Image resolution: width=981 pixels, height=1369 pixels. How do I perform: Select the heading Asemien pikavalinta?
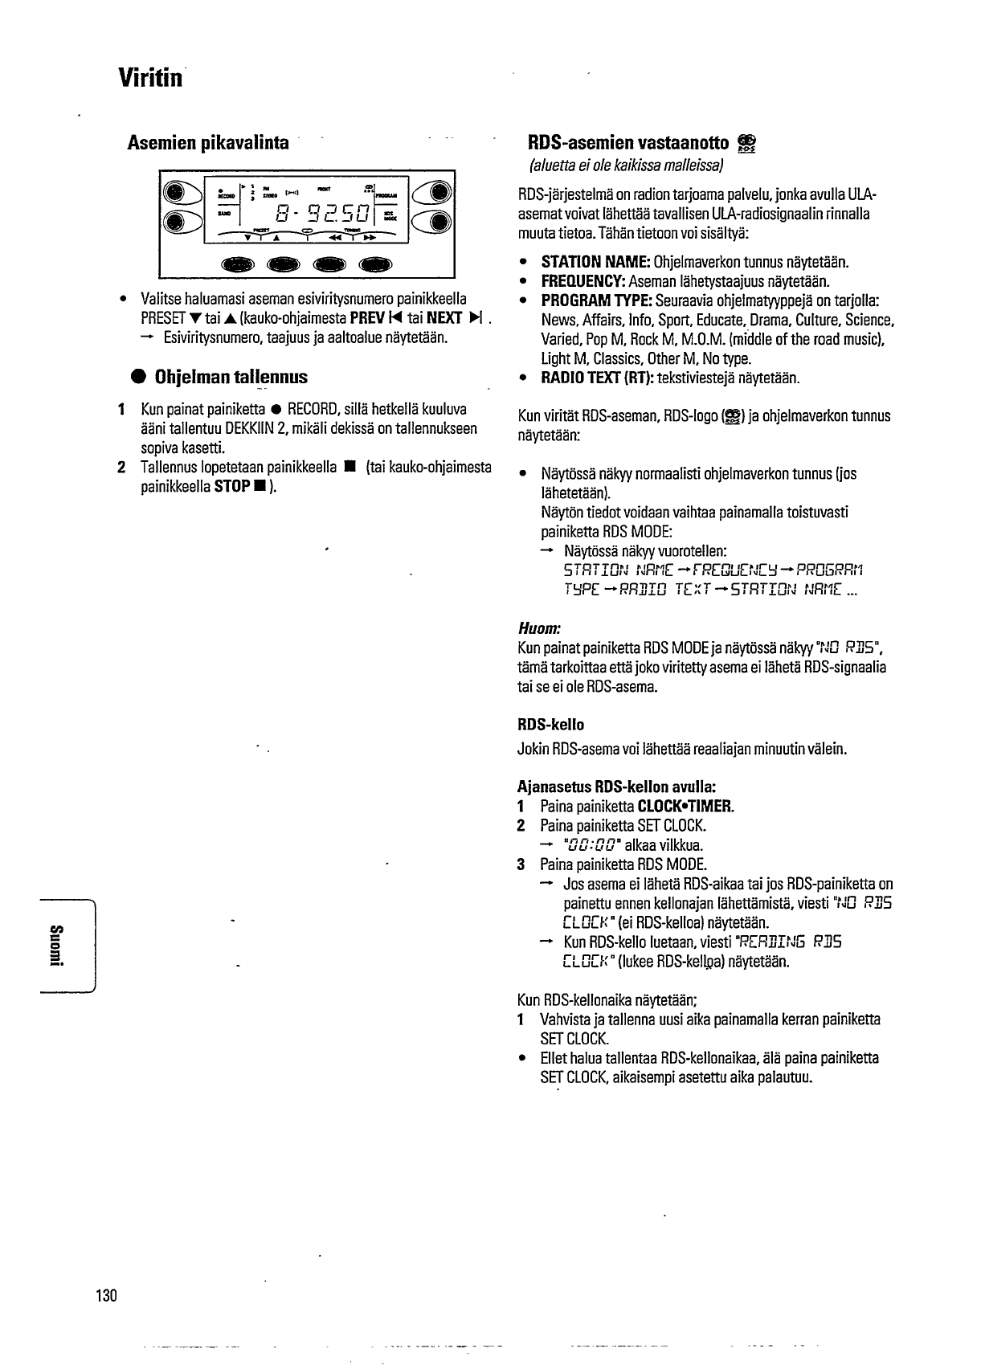[x=208, y=143]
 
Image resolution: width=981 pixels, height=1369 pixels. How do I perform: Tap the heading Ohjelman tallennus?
[x=231, y=377]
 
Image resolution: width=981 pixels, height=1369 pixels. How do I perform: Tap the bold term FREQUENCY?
[x=583, y=281]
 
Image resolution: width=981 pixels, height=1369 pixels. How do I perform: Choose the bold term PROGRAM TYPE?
[x=597, y=300]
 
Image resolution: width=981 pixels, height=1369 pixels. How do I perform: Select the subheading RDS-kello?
[x=551, y=725]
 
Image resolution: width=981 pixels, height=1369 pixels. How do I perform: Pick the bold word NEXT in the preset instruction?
[x=443, y=318]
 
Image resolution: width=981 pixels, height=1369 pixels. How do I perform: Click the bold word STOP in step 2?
[x=231, y=487]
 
